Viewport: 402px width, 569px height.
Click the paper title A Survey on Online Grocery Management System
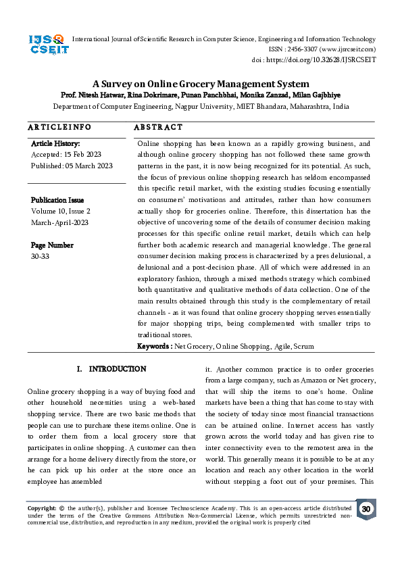coord(201,84)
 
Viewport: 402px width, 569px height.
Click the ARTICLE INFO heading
coord(59,127)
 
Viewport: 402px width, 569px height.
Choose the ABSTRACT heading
coord(158,127)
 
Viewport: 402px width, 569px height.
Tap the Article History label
coord(55,144)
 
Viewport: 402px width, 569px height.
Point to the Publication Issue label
coord(57,200)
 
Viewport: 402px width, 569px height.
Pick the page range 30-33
coord(40,256)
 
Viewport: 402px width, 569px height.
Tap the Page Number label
coord(52,245)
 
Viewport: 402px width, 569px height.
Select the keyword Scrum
coord(303,346)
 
